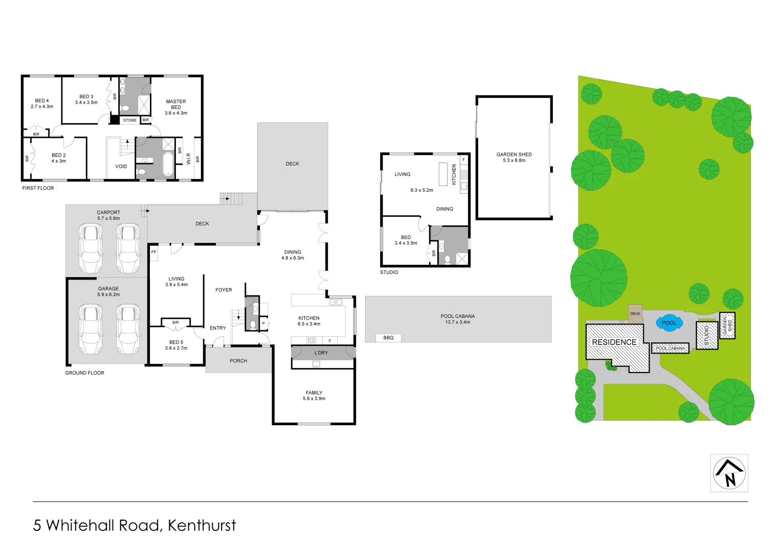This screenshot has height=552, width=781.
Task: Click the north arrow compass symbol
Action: point(729,473)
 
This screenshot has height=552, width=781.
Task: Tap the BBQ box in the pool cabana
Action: point(388,338)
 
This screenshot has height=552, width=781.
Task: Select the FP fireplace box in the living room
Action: point(153,252)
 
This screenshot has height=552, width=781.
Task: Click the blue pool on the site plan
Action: point(669,323)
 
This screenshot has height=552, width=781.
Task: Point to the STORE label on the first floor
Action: point(130,121)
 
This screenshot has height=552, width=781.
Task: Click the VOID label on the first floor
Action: point(121,167)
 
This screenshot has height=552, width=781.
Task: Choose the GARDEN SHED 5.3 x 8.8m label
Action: point(514,157)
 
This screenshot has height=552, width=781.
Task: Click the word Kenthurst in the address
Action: point(202,525)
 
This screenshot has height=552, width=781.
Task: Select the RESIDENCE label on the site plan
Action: point(614,342)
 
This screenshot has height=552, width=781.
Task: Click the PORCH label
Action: point(238,361)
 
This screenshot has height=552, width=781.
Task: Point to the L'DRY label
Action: point(321,353)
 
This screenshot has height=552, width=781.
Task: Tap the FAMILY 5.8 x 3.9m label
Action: point(314,396)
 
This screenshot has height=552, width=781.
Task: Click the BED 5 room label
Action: point(176,345)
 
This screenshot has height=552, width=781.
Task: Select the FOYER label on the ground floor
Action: point(224,290)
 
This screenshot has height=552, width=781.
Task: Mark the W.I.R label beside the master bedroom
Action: point(189,158)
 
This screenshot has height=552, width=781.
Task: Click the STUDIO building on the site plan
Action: point(707,335)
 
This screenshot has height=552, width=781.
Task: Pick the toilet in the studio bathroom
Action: point(447,260)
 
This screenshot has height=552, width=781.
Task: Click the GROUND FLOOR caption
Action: point(84,373)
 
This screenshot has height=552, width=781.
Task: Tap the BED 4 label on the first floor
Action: point(42,103)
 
